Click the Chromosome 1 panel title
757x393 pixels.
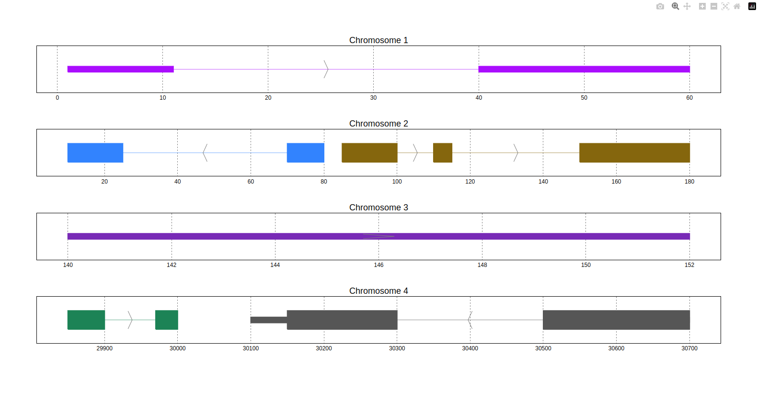(378, 40)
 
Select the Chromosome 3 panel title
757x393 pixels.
(378, 208)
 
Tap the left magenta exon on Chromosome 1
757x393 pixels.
(120, 69)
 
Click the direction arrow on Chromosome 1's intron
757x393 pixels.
(326, 69)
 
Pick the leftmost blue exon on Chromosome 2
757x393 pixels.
(95, 153)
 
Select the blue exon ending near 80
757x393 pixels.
(305, 153)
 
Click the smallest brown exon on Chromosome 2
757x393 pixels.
(442, 153)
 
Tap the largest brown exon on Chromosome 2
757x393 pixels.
(634, 153)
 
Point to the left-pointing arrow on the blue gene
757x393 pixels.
(205, 153)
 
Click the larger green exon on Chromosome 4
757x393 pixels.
(86, 320)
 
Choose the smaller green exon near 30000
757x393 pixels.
(166, 320)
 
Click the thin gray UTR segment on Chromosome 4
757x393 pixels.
(268, 320)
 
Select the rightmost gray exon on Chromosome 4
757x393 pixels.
(616, 320)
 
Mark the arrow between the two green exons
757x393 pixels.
(130, 320)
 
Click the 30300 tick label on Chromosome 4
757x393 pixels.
(397, 348)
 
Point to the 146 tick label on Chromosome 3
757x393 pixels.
(378, 265)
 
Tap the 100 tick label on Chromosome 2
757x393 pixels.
(397, 182)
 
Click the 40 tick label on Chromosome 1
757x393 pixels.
(479, 98)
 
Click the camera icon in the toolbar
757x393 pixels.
(660, 6)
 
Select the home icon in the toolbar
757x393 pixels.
(737, 6)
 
